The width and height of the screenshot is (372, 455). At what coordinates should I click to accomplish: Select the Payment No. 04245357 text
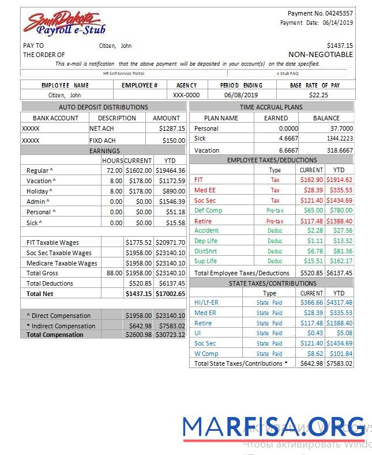(x=320, y=13)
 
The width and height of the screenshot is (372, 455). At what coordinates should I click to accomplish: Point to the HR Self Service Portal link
(x=123, y=74)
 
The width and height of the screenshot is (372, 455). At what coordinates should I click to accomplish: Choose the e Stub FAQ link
(x=287, y=74)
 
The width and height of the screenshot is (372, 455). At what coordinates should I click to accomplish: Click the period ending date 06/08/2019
(x=241, y=95)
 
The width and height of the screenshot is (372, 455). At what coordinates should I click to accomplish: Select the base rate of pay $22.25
(x=318, y=95)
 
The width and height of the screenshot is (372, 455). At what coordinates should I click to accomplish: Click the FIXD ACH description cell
(x=103, y=141)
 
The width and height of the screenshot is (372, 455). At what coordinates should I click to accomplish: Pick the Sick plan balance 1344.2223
(x=339, y=139)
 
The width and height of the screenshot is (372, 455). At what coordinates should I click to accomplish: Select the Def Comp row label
(x=208, y=210)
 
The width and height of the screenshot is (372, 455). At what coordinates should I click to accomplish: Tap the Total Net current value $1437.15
(x=139, y=294)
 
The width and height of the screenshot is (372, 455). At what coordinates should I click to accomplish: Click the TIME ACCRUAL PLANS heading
(x=271, y=107)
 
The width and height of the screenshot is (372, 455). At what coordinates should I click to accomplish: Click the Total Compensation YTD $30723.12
(x=170, y=335)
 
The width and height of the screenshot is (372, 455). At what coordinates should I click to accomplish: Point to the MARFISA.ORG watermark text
(x=273, y=426)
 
